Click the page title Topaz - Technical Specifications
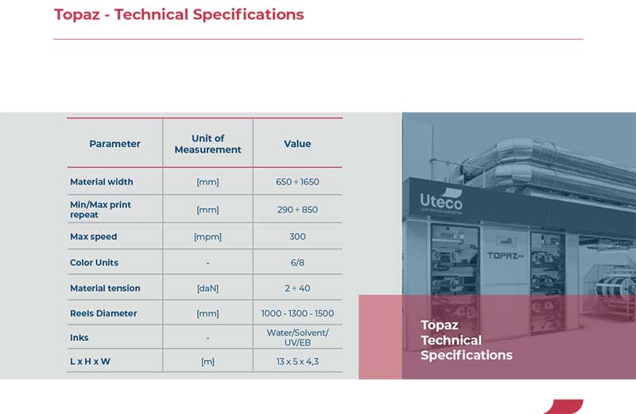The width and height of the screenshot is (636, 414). tap(179, 14)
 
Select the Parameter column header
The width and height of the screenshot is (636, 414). tap(114, 144)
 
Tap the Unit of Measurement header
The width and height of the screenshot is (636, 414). tap(207, 144)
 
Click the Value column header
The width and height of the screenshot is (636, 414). tap(297, 144)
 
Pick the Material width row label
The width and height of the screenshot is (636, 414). tap(102, 182)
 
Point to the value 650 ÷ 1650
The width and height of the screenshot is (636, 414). tap(297, 182)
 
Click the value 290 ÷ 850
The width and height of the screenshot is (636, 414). tap(297, 210)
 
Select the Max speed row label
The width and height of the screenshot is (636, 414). tap(93, 236)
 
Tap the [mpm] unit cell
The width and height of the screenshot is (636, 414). tap(207, 237)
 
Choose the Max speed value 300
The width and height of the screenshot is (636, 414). tap(297, 236)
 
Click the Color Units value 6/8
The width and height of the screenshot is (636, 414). tap(297, 262)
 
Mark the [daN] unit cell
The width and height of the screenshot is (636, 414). tap(207, 288)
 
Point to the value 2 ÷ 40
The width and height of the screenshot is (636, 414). tap(297, 288)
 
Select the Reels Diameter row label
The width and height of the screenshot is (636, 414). tap(103, 313)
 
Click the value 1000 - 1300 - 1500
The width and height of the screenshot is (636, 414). tap(297, 313)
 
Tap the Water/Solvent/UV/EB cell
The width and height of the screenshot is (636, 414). tap(297, 338)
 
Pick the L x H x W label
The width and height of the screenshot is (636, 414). tap(90, 362)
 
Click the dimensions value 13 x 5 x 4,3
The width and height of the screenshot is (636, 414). tap(297, 362)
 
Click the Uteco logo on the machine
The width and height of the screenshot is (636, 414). tap(441, 201)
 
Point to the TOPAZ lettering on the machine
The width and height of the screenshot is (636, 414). tap(506, 255)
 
